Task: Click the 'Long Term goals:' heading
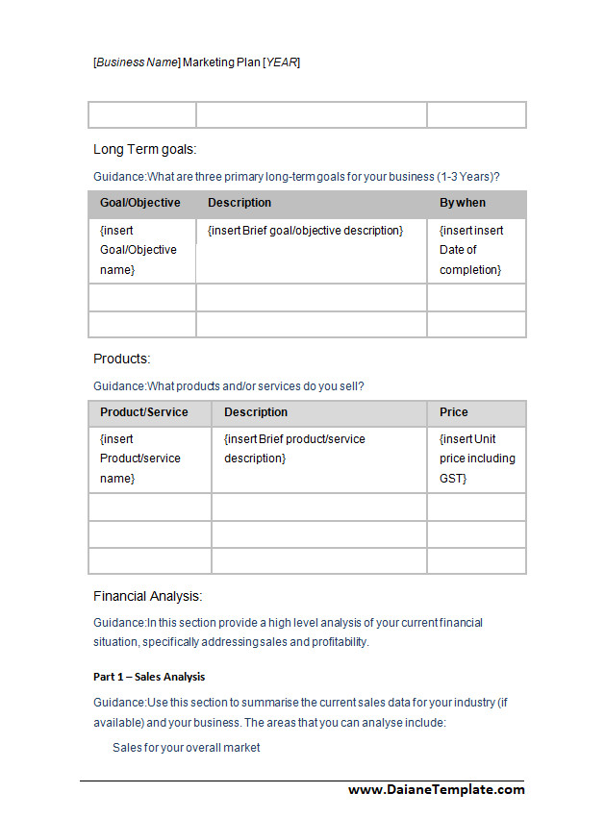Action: pyautogui.click(x=144, y=149)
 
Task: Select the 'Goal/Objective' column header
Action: pyautogui.click(x=139, y=203)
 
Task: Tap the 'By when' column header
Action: pyautogui.click(x=463, y=203)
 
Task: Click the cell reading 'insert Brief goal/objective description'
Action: pyautogui.click(x=305, y=231)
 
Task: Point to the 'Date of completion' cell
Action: pyautogui.click(x=470, y=250)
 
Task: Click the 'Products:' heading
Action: pyautogui.click(x=122, y=359)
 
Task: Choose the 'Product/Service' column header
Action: pyautogui.click(x=143, y=412)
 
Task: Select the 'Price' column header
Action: pyautogui.click(x=454, y=412)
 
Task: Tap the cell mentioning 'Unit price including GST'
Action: pyautogui.click(x=477, y=459)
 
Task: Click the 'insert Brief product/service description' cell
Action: pyautogui.click(x=294, y=449)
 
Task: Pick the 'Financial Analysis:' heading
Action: pyautogui.click(x=147, y=596)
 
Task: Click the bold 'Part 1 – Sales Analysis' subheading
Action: pyautogui.click(x=149, y=677)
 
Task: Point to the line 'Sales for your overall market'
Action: pyautogui.click(x=186, y=747)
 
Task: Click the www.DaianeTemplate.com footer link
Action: pyautogui.click(x=436, y=789)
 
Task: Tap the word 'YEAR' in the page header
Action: pyautogui.click(x=282, y=62)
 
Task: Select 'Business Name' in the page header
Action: pyautogui.click(x=137, y=62)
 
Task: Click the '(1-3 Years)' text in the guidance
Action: pyautogui.click(x=467, y=177)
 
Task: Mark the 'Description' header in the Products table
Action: pyautogui.click(x=256, y=412)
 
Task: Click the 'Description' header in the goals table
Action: pyautogui.click(x=239, y=203)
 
